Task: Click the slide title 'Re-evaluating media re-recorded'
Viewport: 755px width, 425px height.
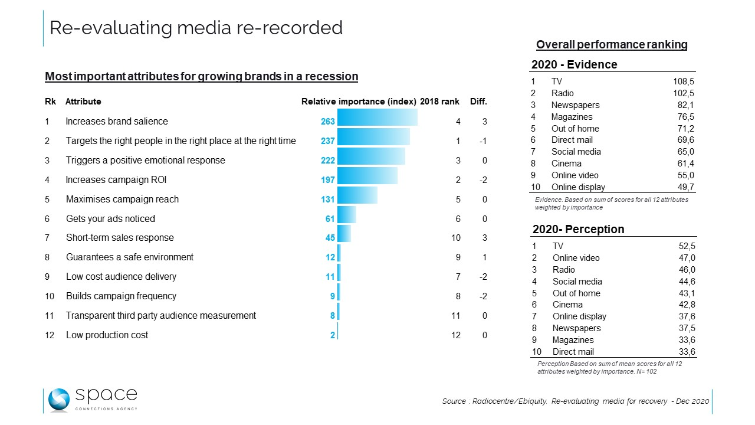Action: point(196,28)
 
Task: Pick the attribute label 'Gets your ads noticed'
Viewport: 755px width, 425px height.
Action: point(110,219)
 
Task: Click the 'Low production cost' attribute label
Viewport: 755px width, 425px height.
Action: point(107,335)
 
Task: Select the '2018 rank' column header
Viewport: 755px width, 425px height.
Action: point(439,102)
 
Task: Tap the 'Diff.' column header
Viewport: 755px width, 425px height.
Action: point(478,102)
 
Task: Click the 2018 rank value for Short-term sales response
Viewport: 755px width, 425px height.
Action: point(456,238)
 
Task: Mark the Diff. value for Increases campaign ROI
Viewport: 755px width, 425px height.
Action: point(482,180)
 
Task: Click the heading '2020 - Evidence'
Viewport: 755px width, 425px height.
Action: point(575,65)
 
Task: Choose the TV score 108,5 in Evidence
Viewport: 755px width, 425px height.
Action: point(682,81)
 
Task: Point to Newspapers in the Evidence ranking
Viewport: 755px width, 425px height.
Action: point(575,105)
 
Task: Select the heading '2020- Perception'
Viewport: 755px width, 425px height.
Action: point(578,230)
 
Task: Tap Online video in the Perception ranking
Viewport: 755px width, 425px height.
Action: point(576,258)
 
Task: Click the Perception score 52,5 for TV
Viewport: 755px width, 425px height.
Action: point(687,246)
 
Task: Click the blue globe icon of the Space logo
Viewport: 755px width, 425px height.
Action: point(58,400)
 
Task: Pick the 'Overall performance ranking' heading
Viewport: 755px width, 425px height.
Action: point(612,45)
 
